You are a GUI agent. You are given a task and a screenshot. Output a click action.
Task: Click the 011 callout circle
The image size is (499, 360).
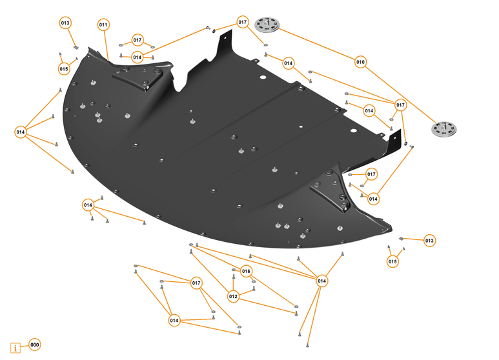[103, 25]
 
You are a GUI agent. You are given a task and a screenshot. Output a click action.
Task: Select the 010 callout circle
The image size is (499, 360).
[360, 62]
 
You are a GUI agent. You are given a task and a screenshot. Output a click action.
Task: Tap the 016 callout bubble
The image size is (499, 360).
[246, 271]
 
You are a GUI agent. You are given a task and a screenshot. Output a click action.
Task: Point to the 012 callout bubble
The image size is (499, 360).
[233, 297]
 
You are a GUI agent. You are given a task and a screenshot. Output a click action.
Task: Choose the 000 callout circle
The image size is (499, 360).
[35, 345]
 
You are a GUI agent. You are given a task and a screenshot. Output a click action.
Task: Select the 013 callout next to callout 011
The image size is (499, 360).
[65, 23]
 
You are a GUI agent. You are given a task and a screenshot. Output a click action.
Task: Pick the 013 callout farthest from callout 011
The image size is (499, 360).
[429, 241]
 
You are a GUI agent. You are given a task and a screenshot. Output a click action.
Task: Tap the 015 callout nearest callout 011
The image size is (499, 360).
[64, 68]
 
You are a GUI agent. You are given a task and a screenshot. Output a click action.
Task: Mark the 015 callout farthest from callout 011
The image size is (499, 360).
[393, 261]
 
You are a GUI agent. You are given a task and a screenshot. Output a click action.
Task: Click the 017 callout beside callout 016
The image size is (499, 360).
[197, 283]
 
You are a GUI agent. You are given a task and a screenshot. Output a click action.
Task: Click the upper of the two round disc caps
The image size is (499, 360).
[265, 25]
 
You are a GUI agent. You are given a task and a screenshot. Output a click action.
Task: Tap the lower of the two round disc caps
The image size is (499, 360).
[445, 128]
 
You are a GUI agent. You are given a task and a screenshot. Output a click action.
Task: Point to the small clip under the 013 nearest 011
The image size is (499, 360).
[75, 47]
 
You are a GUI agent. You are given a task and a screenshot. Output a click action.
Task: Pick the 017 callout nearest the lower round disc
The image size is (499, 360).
[400, 105]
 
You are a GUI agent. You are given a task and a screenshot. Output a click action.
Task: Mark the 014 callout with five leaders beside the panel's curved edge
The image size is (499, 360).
[20, 132]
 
